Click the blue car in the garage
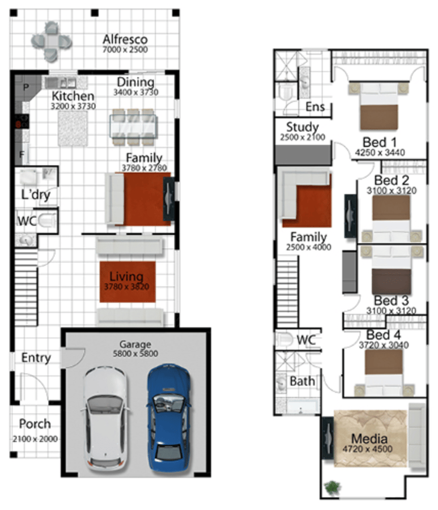pos(168,418)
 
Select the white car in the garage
pos(106,419)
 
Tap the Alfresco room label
pos(125,39)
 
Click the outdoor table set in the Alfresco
pos(52,41)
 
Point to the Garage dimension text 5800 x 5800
pos(135,354)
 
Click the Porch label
pos(35,424)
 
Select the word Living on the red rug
pos(126,277)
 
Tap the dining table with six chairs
pos(133,127)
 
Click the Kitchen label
pos(73,96)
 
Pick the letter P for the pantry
pos(26,87)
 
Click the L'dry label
pos(36,194)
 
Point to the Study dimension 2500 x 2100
pos(303,137)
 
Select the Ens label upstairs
pos(315,107)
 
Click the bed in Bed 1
pos(379,106)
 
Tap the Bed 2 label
pos(392,180)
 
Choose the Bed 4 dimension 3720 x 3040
pos(384,345)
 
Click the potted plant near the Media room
pos(332,487)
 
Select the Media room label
pos(369,439)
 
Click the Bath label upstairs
pos(302,381)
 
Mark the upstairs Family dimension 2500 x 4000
pos(309,247)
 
